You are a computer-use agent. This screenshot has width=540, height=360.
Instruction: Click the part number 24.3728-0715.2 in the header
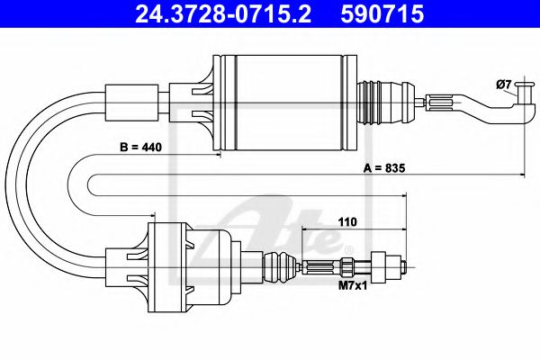[x=223, y=13]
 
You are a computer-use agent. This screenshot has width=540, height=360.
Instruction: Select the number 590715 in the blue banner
[x=382, y=13]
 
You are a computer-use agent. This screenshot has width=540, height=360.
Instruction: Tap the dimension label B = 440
[x=140, y=147]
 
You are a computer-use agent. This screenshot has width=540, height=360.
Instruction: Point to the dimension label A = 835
[x=384, y=168]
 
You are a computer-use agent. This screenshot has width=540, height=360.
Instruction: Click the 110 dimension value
[x=347, y=222]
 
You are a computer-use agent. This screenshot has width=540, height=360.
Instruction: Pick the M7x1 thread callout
[x=353, y=285]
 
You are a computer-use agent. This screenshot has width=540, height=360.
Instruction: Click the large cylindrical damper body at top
[x=285, y=103]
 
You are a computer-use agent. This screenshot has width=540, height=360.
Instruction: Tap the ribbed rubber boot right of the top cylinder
[x=387, y=103]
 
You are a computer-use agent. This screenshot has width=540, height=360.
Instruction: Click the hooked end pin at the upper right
[x=526, y=100]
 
